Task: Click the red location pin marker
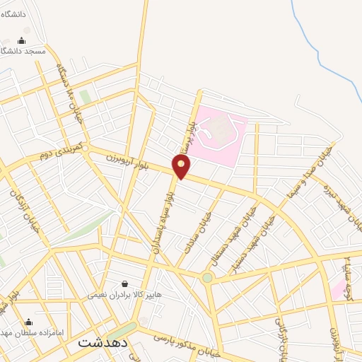(x=182, y=165)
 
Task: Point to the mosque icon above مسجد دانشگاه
(x=21, y=40)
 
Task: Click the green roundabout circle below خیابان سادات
(x=207, y=278)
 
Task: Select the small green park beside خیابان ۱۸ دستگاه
(x=86, y=97)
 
